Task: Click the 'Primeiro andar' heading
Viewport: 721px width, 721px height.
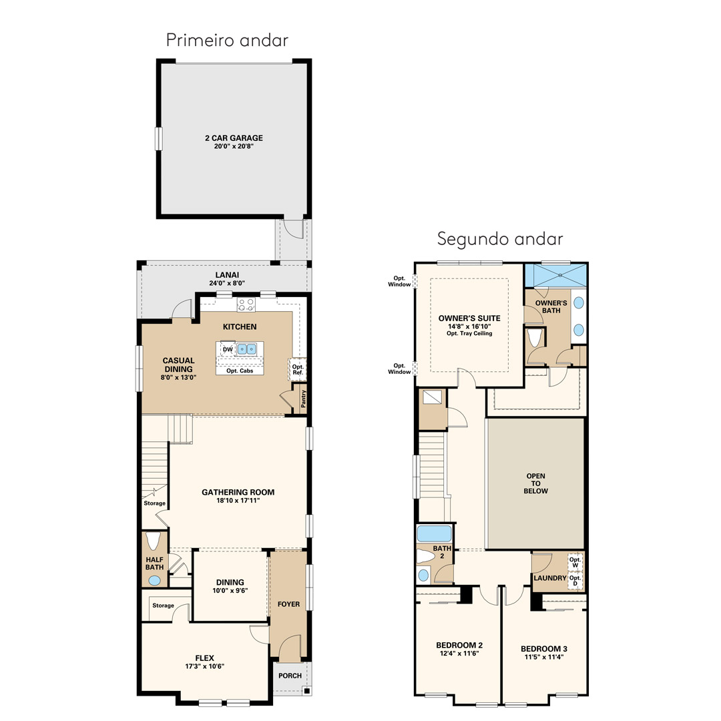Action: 227,41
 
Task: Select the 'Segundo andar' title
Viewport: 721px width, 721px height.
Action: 500,239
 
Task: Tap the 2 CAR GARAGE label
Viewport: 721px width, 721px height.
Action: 234,138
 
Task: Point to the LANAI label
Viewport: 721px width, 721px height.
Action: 227,275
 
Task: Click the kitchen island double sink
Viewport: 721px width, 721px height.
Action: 247,349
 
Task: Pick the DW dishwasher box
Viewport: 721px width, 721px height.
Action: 228,349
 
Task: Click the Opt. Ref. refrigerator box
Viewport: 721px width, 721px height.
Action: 298,369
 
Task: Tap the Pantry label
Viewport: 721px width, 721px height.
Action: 303,399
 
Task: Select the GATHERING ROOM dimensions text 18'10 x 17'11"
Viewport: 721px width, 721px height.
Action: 238,501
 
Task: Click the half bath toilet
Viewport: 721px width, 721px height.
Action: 153,541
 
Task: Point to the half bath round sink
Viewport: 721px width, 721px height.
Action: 154,581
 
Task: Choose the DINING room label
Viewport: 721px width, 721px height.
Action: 230,582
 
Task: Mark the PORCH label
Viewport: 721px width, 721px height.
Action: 290,676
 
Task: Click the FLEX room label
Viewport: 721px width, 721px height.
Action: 205,658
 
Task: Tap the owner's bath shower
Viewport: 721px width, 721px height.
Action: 556,276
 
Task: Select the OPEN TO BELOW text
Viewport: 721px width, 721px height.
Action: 535,483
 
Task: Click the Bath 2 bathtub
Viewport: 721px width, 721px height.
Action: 435,533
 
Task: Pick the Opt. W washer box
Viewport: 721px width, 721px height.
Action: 575,562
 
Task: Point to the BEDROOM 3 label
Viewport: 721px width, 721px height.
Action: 544,649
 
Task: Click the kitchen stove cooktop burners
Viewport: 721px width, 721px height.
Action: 246,304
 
